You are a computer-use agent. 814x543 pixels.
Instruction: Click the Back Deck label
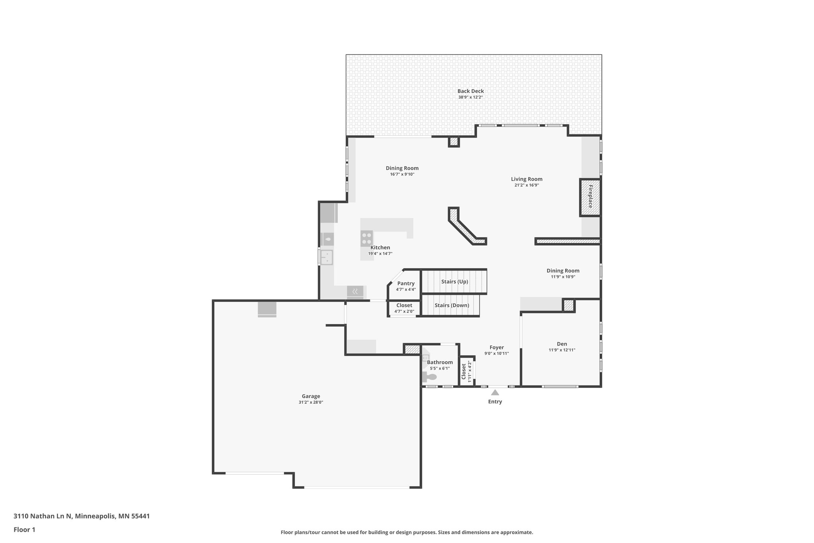coord(470,91)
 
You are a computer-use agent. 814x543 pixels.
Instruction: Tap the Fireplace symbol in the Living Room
coord(590,197)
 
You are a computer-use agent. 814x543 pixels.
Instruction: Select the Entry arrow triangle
coord(495,393)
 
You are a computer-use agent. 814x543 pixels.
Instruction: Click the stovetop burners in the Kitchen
coord(367,238)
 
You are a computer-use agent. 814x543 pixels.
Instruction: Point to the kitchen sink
coord(327,257)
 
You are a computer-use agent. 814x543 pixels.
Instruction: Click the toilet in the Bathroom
coord(429,377)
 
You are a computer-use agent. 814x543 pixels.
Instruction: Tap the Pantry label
coord(406,284)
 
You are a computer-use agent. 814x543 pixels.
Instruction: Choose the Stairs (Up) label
coord(454,282)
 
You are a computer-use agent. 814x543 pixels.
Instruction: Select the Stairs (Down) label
coord(452,306)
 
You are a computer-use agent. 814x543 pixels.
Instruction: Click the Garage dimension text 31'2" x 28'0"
coord(311,402)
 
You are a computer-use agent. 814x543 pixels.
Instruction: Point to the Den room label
coord(562,344)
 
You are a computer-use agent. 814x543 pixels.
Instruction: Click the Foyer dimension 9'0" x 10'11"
coord(496,353)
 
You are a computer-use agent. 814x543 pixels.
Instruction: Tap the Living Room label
coord(526,179)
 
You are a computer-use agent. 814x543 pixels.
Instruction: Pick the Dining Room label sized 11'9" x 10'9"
coord(563,271)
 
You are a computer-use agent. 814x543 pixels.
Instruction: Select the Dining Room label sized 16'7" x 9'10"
coord(402,168)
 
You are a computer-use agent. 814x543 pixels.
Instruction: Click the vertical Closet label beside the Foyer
coord(463,371)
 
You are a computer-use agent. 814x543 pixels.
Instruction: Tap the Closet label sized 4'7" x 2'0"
coord(404,306)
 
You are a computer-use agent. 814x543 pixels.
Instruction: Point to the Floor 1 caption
coord(24,529)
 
